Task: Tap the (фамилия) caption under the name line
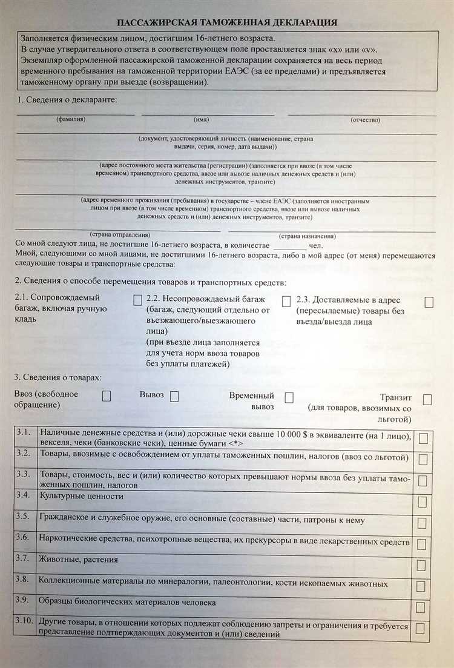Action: tap(71, 120)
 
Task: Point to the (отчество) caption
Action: tap(365, 120)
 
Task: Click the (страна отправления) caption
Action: tap(120, 234)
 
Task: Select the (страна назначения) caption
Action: tap(308, 236)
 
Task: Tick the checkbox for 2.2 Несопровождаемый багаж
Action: tap(286, 301)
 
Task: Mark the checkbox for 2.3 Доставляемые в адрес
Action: tap(429, 302)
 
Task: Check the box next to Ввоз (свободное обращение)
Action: tap(107, 396)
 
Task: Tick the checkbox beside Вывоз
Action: tap(174, 397)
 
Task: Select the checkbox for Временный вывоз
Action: tap(289, 397)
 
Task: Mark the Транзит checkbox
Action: tap(427, 399)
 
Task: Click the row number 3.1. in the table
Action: tap(24, 432)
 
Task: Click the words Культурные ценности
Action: tap(81, 496)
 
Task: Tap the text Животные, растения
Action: tap(79, 560)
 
